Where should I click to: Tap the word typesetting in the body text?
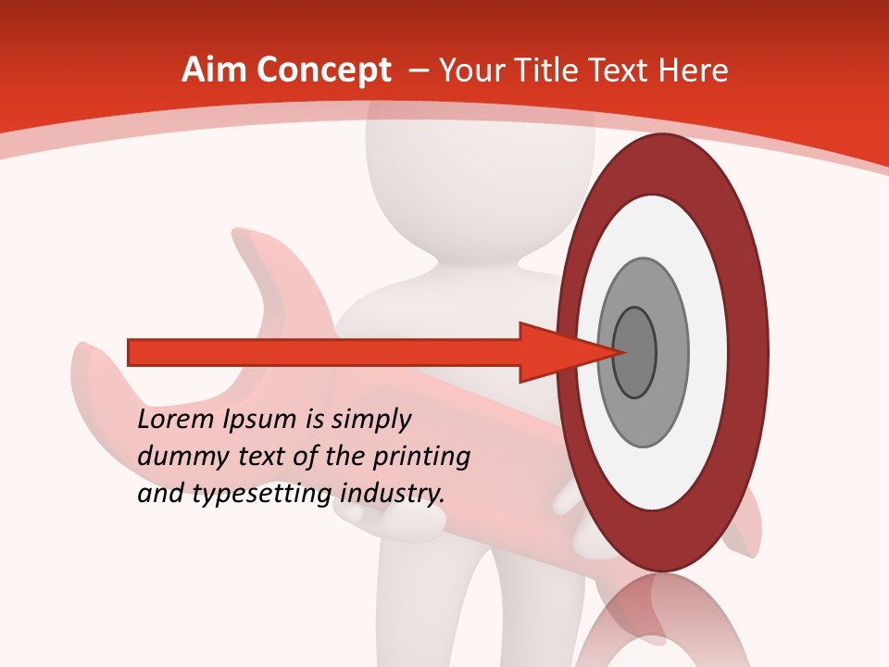point(263,495)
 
